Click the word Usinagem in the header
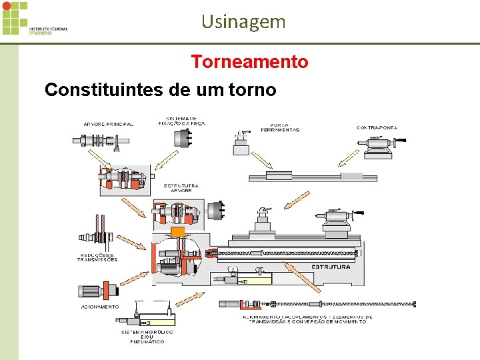pos(243,21)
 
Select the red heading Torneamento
pos(249,62)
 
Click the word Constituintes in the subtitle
pos(99,89)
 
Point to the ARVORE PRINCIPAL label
pos(108,124)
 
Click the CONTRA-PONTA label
pos(377,127)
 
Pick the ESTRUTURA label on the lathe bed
pos(331,267)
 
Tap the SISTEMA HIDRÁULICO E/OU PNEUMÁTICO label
pos(147,336)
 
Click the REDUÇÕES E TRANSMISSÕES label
pos(97,257)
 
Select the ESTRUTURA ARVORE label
pos(181,187)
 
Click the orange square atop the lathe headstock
pos(177,233)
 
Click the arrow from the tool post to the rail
pos(261,158)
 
